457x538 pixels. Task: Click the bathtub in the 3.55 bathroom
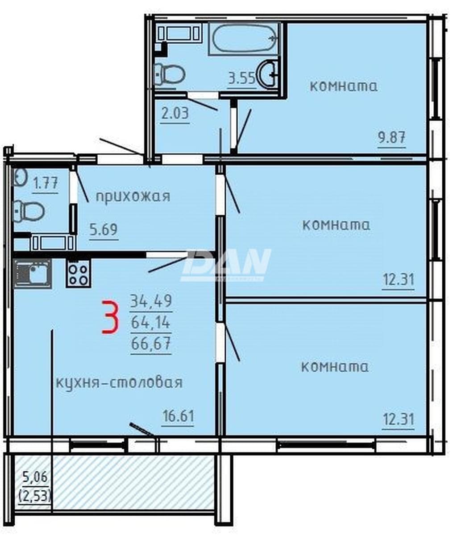(245, 38)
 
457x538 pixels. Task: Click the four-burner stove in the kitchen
(78, 274)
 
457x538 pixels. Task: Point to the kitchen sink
(33, 274)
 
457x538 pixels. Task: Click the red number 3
(110, 317)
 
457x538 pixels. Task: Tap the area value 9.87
(391, 137)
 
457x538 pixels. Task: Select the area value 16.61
(178, 416)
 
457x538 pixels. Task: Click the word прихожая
(133, 197)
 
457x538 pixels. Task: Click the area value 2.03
(175, 114)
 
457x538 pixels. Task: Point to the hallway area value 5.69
(104, 230)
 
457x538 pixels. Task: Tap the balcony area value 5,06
(35, 477)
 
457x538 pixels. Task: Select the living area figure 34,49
(151, 301)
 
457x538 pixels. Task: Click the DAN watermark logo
(226, 265)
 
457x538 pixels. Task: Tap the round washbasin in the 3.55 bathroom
(266, 74)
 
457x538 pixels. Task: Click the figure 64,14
(150, 323)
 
